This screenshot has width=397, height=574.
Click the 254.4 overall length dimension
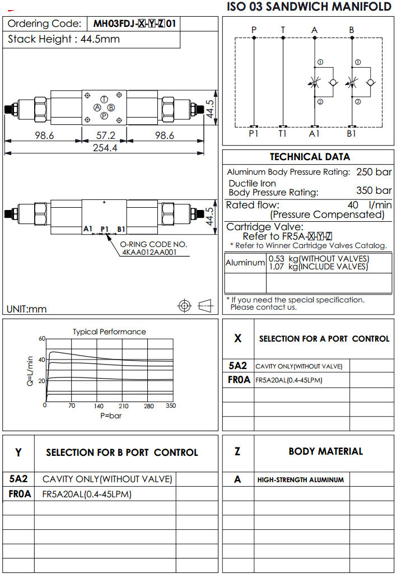105,148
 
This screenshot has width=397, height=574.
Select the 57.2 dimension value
105,136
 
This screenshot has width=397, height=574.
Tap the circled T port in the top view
105,99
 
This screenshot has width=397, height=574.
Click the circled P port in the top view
104,115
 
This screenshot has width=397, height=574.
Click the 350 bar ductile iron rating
374,190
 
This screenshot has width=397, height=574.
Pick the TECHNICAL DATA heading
310,157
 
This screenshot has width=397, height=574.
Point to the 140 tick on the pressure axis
99,406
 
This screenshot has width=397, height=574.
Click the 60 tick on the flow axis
41,339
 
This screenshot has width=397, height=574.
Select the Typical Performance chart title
109,332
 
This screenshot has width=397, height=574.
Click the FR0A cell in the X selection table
238,380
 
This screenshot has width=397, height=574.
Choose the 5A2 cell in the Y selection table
18,479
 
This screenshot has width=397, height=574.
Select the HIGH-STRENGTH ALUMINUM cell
301,480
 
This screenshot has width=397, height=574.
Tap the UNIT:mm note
27,309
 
